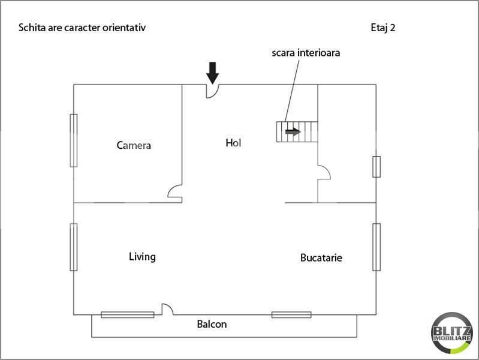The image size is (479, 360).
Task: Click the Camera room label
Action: point(134,145)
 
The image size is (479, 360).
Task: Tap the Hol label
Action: point(233,143)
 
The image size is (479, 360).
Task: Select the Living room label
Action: point(142,257)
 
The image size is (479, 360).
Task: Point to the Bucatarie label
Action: point(321,257)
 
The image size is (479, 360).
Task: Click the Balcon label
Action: point(212,325)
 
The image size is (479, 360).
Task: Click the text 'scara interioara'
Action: point(306,53)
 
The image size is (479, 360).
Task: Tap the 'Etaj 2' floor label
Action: point(383,28)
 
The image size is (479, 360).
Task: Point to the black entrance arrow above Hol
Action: point(212,73)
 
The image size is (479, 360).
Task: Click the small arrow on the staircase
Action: point(293,131)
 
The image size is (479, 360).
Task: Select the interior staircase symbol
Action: point(296,131)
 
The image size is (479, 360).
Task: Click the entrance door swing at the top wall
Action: point(213,91)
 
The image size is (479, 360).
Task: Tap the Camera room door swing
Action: point(175,193)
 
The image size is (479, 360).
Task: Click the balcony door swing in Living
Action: point(167,310)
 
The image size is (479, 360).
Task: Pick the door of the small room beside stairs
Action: point(324,173)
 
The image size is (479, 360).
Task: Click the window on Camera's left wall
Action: point(74,140)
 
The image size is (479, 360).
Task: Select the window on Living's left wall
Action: point(74,247)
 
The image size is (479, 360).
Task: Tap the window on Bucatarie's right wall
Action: point(376,247)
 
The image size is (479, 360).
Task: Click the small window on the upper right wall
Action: point(376,166)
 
